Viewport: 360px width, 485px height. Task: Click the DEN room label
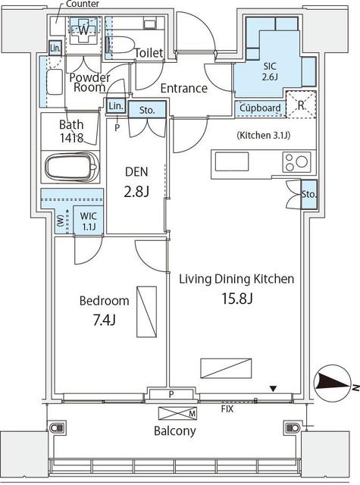[136, 172]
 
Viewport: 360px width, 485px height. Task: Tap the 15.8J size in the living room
[237, 299]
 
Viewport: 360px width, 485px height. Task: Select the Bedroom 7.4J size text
[105, 321]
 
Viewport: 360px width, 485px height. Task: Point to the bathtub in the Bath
[72, 167]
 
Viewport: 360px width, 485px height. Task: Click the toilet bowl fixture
[120, 45]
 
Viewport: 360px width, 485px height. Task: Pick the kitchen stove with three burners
[296, 161]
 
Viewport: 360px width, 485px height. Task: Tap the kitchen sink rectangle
[232, 161]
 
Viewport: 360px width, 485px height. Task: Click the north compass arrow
[332, 380]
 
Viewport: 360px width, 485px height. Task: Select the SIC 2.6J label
[270, 71]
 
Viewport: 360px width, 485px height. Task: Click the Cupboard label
[260, 108]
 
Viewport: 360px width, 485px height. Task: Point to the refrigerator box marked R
[301, 105]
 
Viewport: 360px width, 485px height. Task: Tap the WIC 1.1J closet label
[89, 221]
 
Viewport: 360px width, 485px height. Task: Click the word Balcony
[175, 431]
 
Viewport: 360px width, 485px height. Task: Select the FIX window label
[227, 409]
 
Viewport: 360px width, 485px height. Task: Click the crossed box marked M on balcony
[177, 413]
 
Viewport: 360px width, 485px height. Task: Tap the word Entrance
[183, 89]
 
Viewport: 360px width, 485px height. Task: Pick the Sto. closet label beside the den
[147, 110]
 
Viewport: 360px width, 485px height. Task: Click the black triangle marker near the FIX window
[273, 389]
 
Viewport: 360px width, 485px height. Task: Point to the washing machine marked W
[83, 30]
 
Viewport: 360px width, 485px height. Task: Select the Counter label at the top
[83, 4]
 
